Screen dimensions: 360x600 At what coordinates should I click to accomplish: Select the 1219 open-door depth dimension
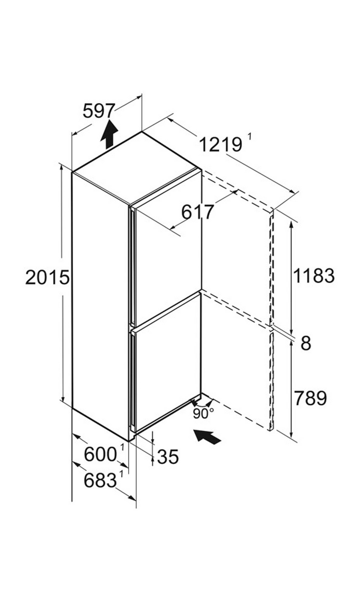pyautogui.click(x=221, y=145)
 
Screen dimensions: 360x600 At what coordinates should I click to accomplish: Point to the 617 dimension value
pyautogui.click(x=198, y=212)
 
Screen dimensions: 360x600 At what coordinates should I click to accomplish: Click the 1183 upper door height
pyautogui.click(x=314, y=276)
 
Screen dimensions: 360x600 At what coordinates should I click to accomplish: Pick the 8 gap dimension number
pyautogui.click(x=306, y=343)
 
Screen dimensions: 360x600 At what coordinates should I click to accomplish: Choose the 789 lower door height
pyautogui.click(x=310, y=398)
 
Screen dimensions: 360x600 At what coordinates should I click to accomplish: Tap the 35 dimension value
pyautogui.click(x=168, y=456)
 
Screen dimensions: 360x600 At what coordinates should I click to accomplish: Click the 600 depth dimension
pyautogui.click(x=100, y=454)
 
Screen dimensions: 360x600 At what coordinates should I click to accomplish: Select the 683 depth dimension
pyautogui.click(x=100, y=480)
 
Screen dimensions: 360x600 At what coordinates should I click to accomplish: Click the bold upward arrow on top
pyautogui.click(x=109, y=134)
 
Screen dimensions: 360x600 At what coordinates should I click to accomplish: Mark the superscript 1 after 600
pyautogui.click(x=122, y=448)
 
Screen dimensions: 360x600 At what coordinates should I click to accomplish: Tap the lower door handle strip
pyautogui.click(x=132, y=380)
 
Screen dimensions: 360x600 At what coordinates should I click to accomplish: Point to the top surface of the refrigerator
pyautogui.click(x=137, y=169)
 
